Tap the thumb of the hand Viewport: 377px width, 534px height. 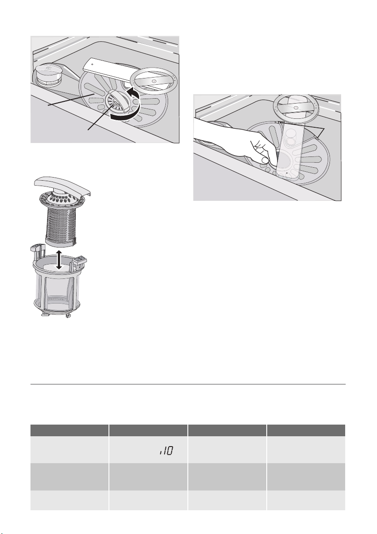click(x=264, y=161)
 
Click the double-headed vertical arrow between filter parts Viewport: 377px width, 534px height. click(x=59, y=260)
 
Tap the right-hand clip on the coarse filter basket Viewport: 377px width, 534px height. click(x=79, y=261)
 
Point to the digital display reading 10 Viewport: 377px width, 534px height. click(x=166, y=451)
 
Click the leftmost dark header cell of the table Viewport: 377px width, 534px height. click(x=69, y=430)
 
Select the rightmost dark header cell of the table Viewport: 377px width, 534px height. click(x=306, y=430)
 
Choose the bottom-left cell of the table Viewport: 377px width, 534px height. click(x=69, y=500)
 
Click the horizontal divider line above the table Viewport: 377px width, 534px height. click(x=188, y=384)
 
